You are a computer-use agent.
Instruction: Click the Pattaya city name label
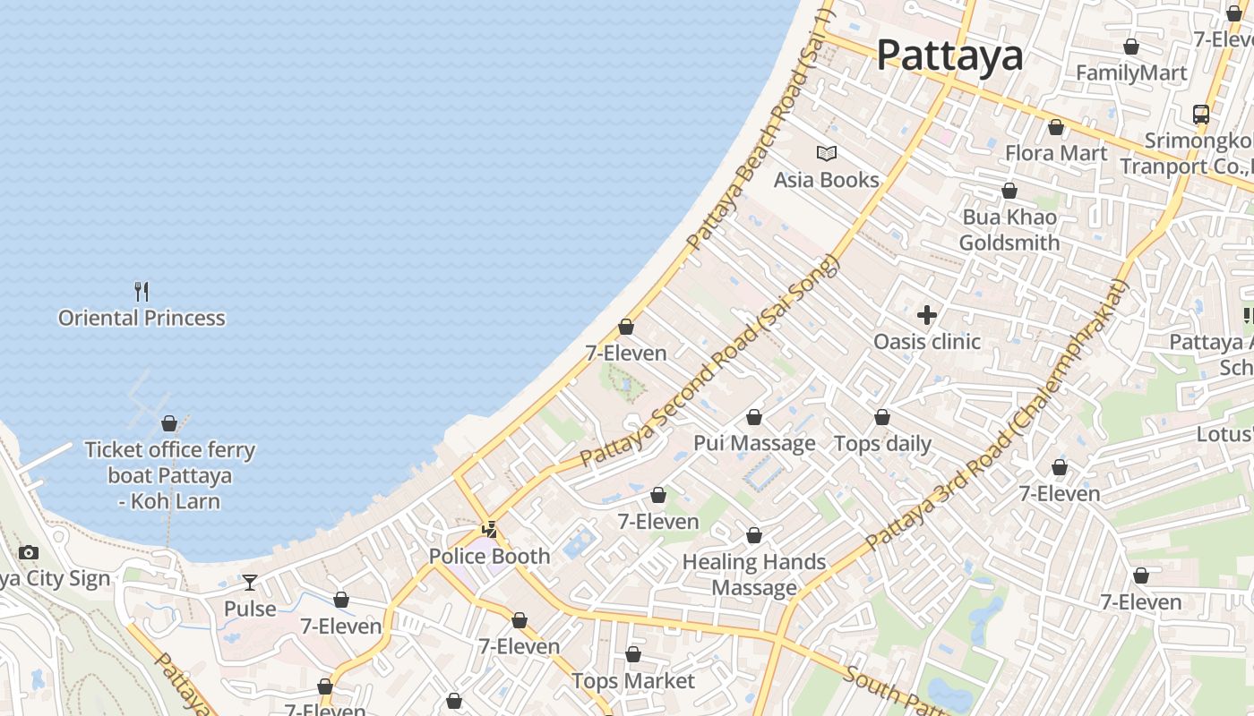949,55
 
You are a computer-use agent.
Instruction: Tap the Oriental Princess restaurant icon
142,291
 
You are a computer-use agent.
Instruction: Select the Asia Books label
827,180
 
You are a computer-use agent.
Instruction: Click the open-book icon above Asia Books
827,154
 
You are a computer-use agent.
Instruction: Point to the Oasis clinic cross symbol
927,315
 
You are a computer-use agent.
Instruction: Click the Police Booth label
489,556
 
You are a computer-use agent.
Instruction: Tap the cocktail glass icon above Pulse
250,583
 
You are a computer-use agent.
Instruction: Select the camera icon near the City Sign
29,552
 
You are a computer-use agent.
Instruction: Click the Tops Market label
633,681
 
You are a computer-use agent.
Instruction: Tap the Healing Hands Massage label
754,575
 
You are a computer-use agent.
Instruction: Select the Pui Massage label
754,443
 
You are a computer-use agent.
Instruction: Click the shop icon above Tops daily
882,418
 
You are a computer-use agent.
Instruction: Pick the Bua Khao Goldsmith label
1009,230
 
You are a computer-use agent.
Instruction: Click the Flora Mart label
1056,153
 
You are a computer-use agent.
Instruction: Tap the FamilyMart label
1131,72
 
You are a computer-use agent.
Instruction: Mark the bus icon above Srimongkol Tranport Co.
1201,115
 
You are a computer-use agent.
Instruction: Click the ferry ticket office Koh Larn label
169,475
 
